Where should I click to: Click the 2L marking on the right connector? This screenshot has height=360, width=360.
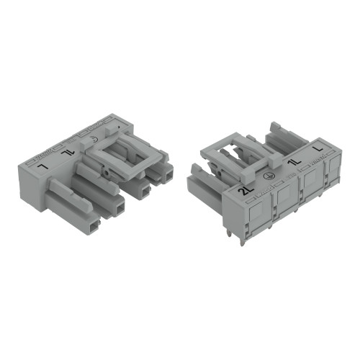[246, 191]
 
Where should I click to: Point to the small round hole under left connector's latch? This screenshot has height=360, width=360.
[106, 174]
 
